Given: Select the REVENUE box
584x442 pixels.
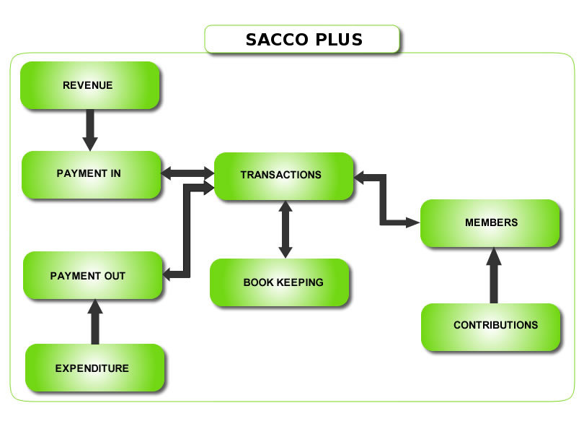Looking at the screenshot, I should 89,85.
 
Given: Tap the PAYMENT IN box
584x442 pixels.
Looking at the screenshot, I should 91,174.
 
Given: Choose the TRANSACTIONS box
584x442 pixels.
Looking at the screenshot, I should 283,175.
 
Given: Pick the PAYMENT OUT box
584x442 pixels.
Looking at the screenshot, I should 92,275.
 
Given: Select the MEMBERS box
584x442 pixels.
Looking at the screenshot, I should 490,223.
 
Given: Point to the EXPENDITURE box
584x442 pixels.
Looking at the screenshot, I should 94,368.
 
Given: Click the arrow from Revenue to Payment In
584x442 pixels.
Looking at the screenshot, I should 89,129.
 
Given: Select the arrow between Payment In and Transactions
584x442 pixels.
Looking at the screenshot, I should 187,173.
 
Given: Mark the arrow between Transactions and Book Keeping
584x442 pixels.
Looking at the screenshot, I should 286,229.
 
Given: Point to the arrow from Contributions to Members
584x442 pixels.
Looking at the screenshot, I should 494,275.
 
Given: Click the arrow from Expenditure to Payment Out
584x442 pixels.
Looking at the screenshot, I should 94,321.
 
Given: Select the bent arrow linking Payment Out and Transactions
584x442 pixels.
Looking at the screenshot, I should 187,231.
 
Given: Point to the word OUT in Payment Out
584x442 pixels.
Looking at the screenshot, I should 115,276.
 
